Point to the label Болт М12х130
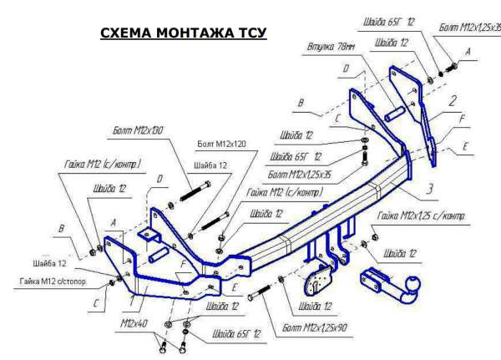click(x=133, y=131)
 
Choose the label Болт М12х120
click(x=221, y=144)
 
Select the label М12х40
click(x=134, y=319)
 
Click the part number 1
click(x=131, y=296)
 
